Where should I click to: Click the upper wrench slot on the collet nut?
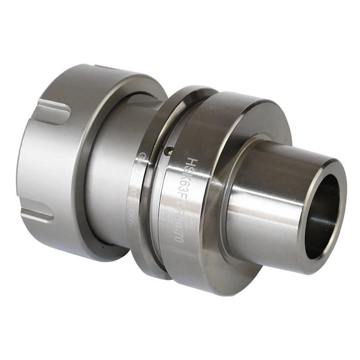[53, 109]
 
